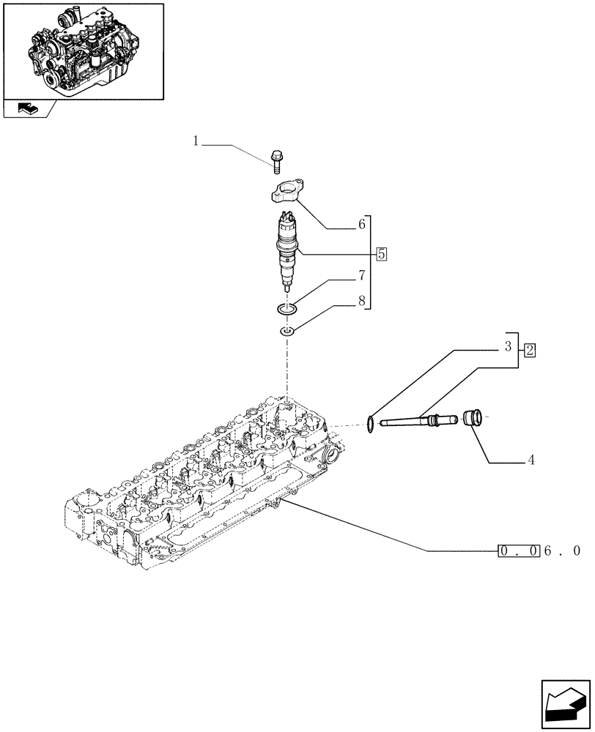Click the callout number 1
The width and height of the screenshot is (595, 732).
(x=196, y=141)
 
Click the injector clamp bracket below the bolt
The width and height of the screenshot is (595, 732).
(x=286, y=195)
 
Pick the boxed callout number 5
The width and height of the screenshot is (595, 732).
(x=381, y=255)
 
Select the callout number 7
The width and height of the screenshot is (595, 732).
(x=361, y=277)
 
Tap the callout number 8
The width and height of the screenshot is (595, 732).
(x=361, y=300)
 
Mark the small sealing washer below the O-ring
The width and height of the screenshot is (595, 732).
(x=287, y=334)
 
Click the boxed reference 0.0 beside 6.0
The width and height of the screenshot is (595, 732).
(x=519, y=550)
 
